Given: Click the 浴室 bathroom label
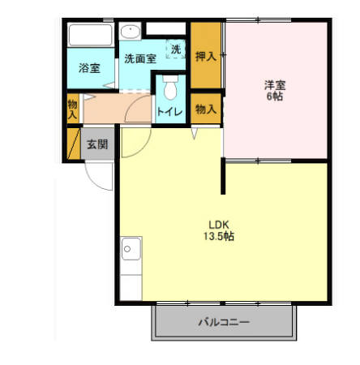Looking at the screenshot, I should (x=89, y=69).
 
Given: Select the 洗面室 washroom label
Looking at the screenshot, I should (x=139, y=58).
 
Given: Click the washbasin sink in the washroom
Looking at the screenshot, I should (x=130, y=32).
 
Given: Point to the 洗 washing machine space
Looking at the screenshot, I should (x=176, y=49).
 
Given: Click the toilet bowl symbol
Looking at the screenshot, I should (x=169, y=88).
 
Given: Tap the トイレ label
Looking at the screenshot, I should (x=169, y=112).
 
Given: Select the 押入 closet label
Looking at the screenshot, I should (x=205, y=56).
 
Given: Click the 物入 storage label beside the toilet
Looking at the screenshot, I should (x=206, y=109).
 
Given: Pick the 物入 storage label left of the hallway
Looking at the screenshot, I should (x=72, y=109).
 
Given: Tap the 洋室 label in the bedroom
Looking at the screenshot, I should (x=275, y=84).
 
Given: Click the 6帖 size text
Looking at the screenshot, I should (x=275, y=97).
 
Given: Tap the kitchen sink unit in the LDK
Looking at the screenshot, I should (x=130, y=260).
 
